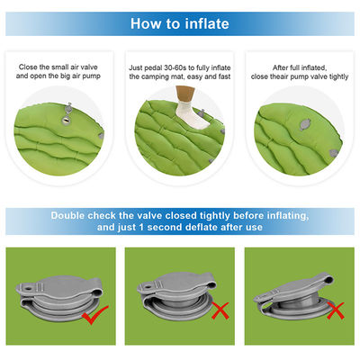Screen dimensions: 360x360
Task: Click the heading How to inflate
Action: coord(180,23)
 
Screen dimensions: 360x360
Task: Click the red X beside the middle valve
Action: coord(220,310)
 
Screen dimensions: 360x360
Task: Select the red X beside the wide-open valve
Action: coord(335,310)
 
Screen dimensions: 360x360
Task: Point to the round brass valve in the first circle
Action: coord(66,121)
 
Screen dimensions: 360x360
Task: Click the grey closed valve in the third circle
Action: coord(305,124)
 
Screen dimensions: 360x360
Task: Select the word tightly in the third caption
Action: coord(339,76)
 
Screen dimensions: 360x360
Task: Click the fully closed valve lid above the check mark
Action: coord(59,288)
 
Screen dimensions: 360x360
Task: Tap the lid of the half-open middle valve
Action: coord(177,285)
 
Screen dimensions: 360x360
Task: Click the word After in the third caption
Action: coord(280,67)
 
